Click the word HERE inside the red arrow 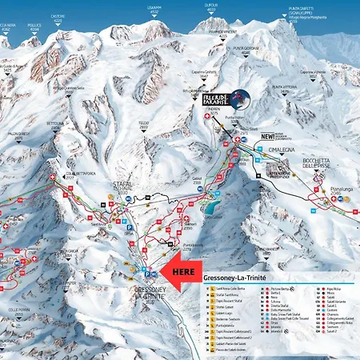click(x=183, y=272)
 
